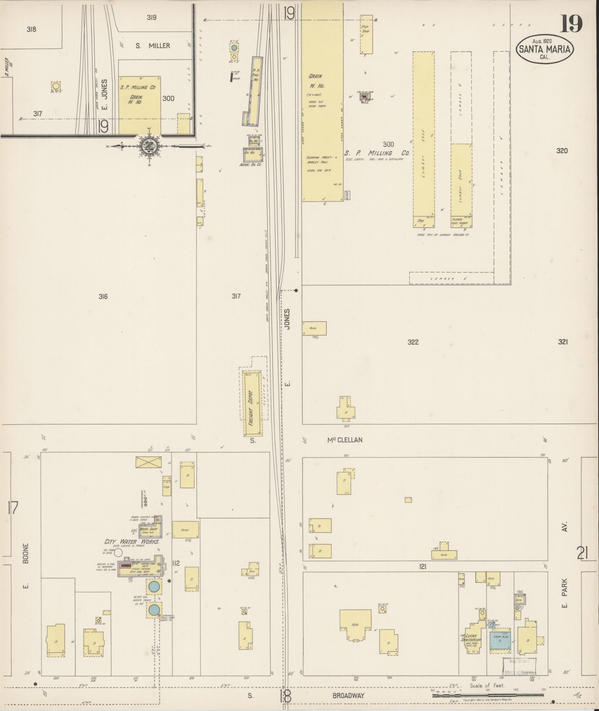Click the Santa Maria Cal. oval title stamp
click(545, 49)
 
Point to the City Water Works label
click(132, 542)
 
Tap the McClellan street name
click(345, 440)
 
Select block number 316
click(103, 296)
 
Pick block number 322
click(413, 342)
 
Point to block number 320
click(562, 151)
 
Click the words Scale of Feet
click(487, 686)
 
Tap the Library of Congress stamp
click(520, 667)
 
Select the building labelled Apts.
click(355, 625)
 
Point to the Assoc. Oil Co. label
click(251, 164)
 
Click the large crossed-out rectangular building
click(149, 462)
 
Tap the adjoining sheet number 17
click(12, 507)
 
